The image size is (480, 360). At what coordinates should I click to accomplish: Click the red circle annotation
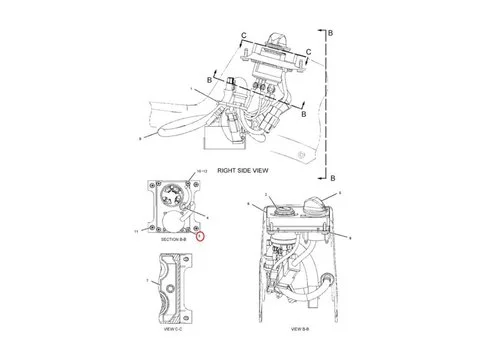point(200,237)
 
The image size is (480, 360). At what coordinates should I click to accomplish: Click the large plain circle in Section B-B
point(170,219)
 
